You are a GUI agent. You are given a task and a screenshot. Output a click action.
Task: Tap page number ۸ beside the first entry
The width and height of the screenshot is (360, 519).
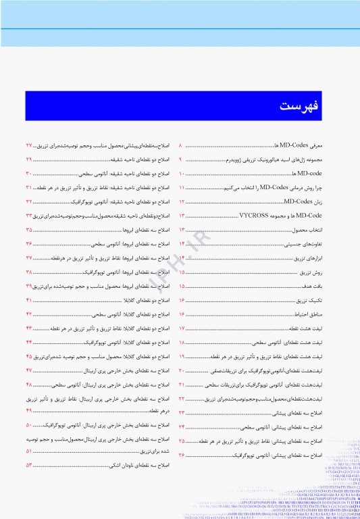pos(180,145)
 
